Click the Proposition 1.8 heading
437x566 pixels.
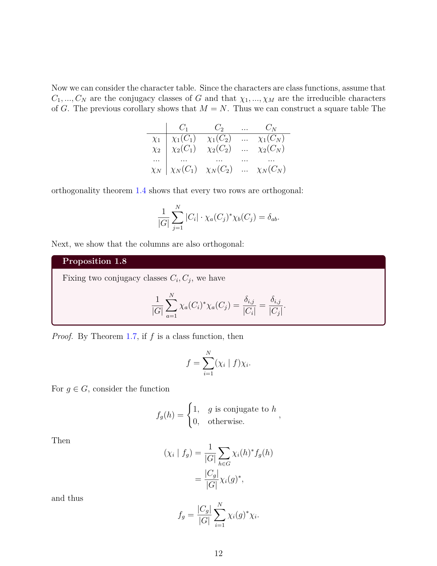point(95,261)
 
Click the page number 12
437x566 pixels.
point(218,553)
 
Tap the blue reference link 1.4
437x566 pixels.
point(141,191)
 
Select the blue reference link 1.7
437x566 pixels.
point(132,337)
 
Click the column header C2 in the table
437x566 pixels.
point(219,128)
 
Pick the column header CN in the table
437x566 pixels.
point(271,128)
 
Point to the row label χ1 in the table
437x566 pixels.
point(156,139)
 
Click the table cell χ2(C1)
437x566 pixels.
point(184,149)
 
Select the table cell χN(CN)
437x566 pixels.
point(271,169)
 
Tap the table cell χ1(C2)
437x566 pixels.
point(219,139)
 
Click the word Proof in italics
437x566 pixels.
point(62,337)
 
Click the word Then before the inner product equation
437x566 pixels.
point(61,441)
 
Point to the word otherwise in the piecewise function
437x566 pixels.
point(226,422)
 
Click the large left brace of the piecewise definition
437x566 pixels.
point(190,415)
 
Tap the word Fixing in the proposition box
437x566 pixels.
point(73,278)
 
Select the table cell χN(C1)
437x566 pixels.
point(184,169)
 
